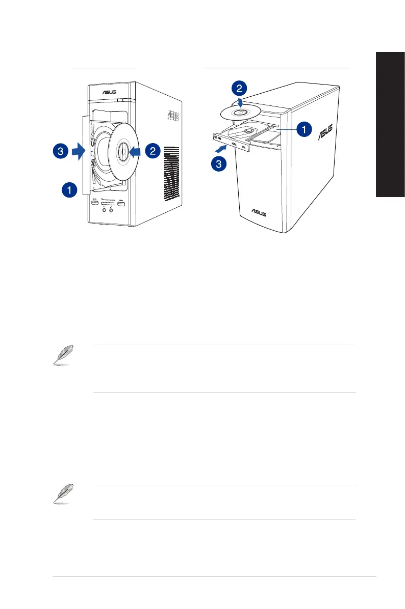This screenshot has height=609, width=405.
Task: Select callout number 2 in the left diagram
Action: pos(152,151)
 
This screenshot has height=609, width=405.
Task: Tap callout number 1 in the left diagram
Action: pos(69,190)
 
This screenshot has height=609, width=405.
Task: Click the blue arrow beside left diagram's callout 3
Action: pos(77,151)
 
